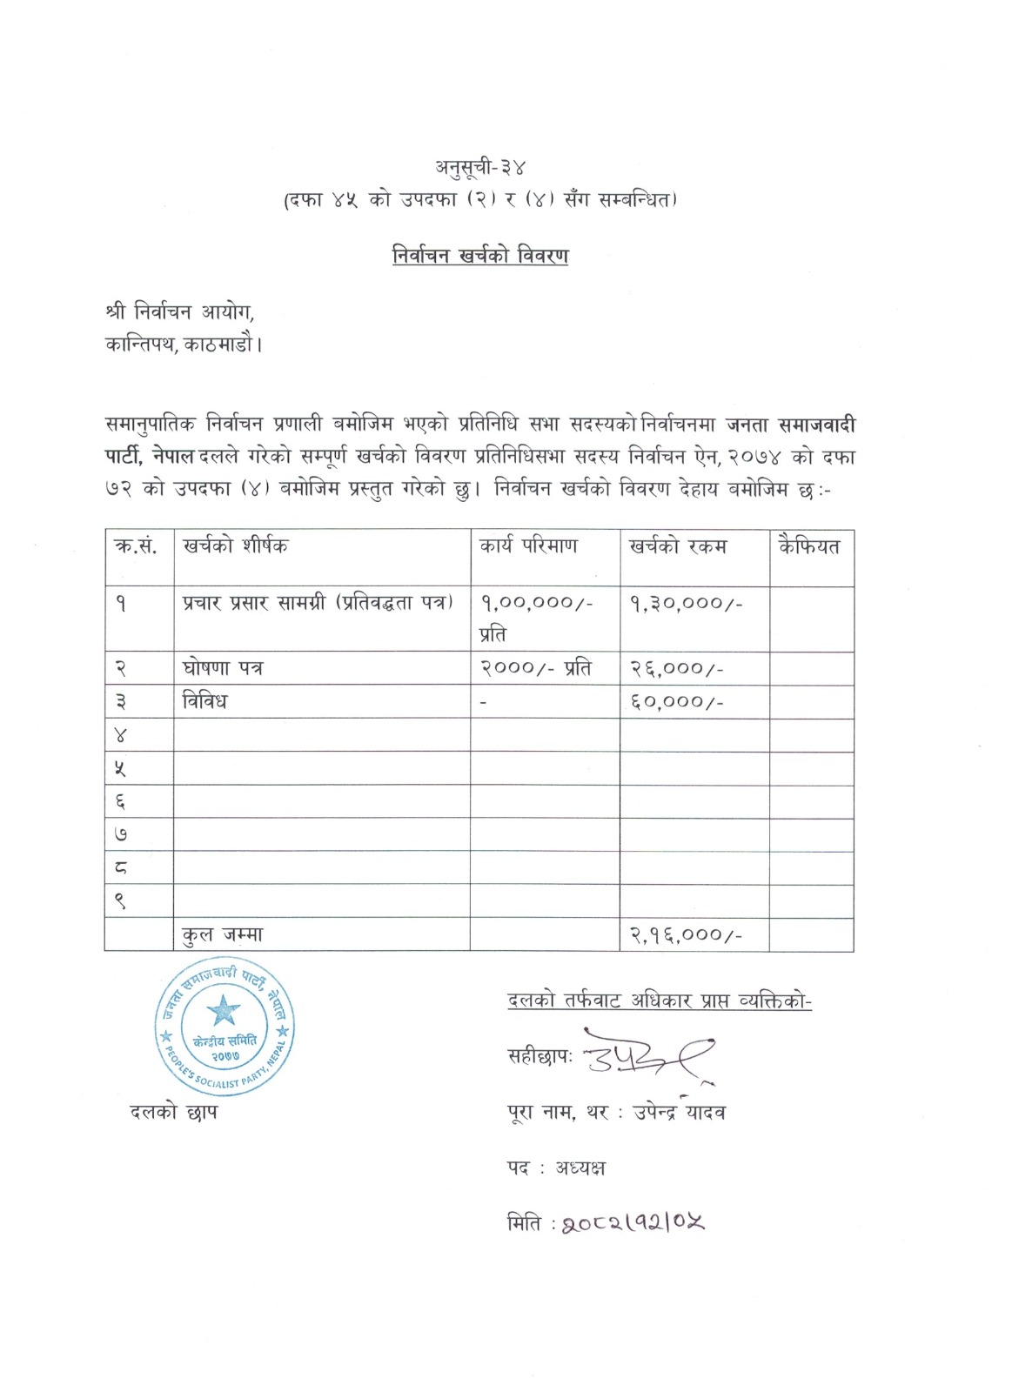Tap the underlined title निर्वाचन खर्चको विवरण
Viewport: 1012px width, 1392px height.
(x=480, y=256)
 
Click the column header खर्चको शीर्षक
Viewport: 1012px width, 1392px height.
(x=235, y=546)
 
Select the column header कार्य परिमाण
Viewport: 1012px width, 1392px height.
(x=528, y=546)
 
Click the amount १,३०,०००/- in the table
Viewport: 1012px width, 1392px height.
(x=687, y=603)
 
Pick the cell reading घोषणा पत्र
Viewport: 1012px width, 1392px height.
(x=223, y=668)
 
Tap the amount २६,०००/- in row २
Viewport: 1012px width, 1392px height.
(x=677, y=668)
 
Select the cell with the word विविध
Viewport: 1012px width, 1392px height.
(x=204, y=701)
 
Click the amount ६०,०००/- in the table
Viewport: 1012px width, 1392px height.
(x=677, y=701)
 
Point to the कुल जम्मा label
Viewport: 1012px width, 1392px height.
(x=223, y=934)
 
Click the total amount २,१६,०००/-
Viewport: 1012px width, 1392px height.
(x=687, y=934)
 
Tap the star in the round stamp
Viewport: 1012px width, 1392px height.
(x=224, y=1010)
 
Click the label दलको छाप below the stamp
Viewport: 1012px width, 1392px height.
(x=173, y=1111)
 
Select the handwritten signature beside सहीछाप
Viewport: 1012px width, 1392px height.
(x=648, y=1056)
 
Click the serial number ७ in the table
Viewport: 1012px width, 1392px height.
(x=121, y=834)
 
